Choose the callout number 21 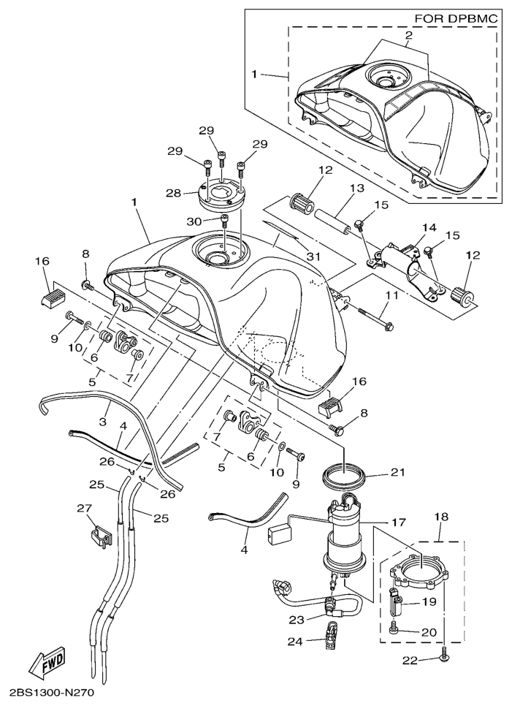[x=397, y=472]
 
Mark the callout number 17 [x=398, y=523]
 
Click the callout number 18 [x=440, y=517]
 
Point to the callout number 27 [x=85, y=508]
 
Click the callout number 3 [x=103, y=422]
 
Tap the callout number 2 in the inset [x=408, y=35]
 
